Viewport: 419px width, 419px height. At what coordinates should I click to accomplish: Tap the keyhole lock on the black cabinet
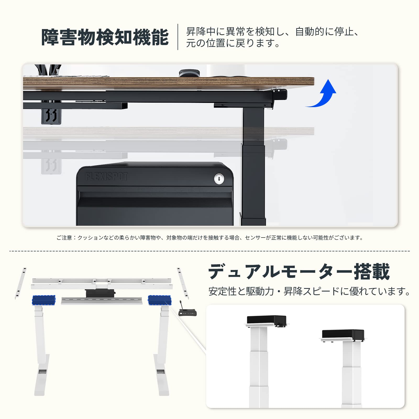pos(219,179)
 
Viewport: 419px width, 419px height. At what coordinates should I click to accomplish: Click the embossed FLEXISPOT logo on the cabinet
pos(107,177)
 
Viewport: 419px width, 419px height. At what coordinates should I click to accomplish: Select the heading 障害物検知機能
pos(105,37)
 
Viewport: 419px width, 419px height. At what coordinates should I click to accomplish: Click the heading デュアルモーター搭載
pos(299,272)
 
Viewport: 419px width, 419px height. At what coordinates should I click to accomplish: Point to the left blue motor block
pos(44,300)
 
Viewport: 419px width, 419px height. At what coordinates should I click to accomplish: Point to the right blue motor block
pos(159,300)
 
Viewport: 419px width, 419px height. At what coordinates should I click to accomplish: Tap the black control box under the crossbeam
pos(100,293)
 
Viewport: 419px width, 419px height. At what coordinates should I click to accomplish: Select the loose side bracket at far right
pos(183,283)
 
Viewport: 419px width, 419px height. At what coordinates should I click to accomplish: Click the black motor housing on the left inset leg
pos(266,320)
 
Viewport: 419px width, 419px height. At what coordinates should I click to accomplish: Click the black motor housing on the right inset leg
pos(343,334)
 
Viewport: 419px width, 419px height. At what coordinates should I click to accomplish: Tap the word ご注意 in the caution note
pos(64,238)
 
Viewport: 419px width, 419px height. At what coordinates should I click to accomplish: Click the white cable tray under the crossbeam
pos(102,301)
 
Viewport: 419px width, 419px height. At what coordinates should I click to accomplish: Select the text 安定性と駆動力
pos(241,291)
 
